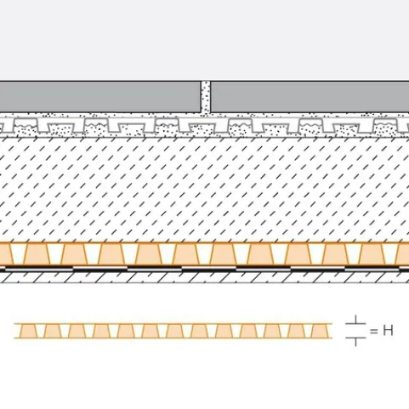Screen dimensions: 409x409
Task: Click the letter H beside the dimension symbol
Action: [388, 331]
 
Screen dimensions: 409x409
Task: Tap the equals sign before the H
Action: [374, 331]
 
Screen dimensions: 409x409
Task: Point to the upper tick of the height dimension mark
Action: [355, 320]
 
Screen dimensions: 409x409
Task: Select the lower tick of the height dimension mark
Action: [355, 341]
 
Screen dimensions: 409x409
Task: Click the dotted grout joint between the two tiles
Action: [206, 97]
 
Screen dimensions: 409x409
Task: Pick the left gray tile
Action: [100, 97]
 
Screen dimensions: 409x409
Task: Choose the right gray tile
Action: [310, 97]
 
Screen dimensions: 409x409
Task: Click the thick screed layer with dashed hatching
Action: [204, 190]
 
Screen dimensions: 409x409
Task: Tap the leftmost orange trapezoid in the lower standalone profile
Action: [28, 331]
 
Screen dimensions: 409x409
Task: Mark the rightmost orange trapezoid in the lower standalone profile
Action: [320, 331]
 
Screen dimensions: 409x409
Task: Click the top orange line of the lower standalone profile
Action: [173, 323]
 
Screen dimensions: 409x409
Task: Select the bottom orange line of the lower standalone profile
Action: [173, 338]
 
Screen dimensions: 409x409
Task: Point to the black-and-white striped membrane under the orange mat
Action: [204, 269]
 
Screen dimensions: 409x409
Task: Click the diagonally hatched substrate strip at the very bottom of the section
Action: [204, 277]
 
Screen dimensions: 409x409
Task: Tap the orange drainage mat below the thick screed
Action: [204, 254]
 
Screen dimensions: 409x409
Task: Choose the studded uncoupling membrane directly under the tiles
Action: [204, 126]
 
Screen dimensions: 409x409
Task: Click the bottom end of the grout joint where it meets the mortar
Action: [206, 112]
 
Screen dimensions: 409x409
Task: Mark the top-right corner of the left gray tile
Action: [201, 82]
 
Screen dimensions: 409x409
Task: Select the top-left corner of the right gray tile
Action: [211, 82]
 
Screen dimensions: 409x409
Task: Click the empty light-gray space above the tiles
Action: [204, 40]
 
